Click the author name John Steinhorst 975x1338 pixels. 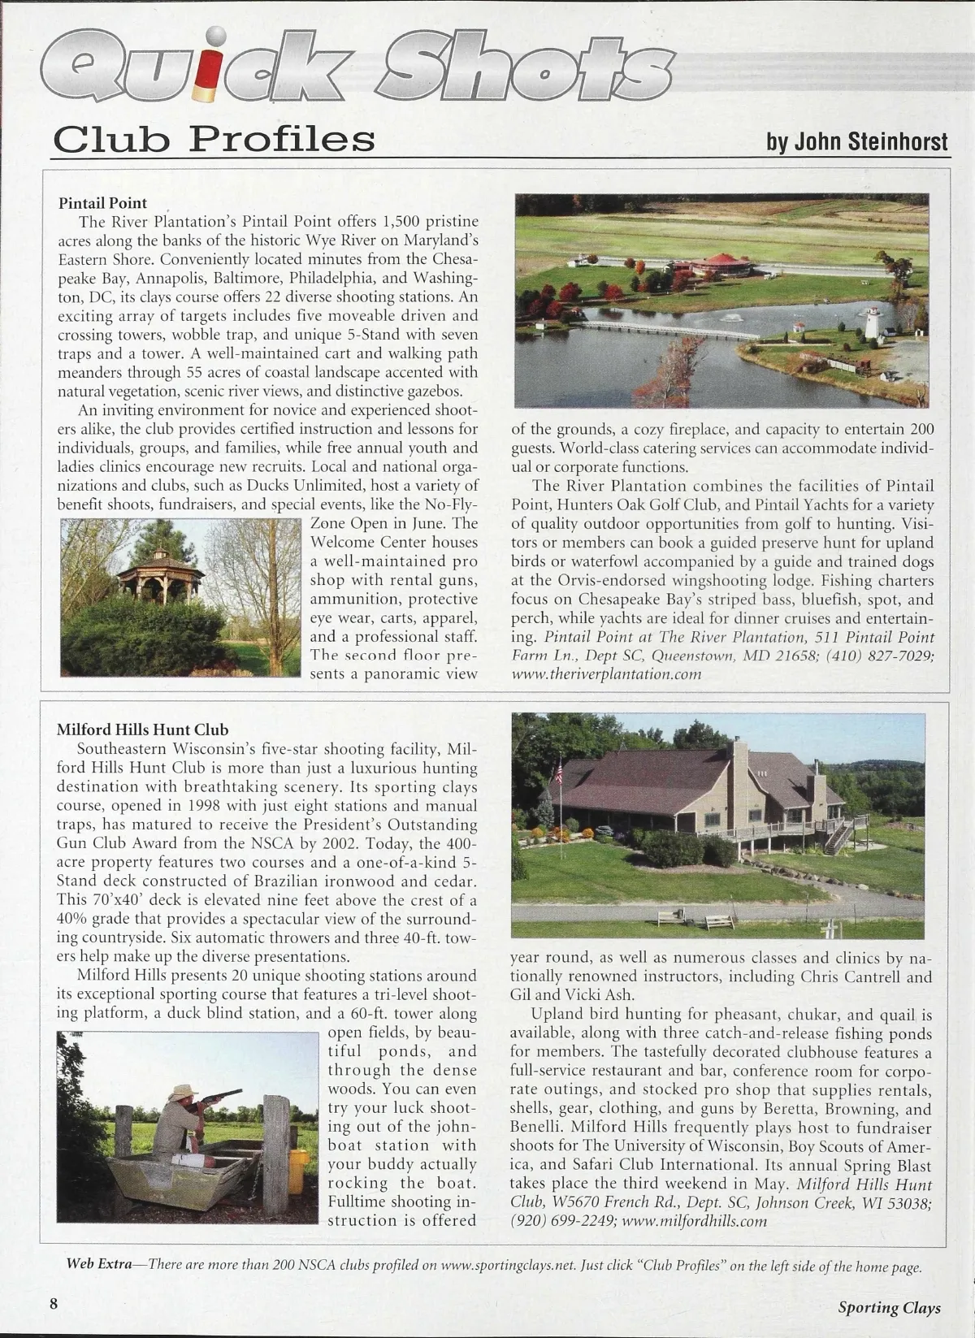(x=856, y=141)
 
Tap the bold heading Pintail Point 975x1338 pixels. (x=102, y=203)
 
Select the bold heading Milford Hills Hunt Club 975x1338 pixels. (x=142, y=730)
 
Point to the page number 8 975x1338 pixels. (x=54, y=1303)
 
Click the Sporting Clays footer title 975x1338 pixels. (x=889, y=1307)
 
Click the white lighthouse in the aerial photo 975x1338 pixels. (x=873, y=323)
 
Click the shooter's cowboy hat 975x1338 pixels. (x=183, y=1091)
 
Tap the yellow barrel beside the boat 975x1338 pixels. (x=298, y=1170)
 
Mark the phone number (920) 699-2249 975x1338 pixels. (x=561, y=1221)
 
